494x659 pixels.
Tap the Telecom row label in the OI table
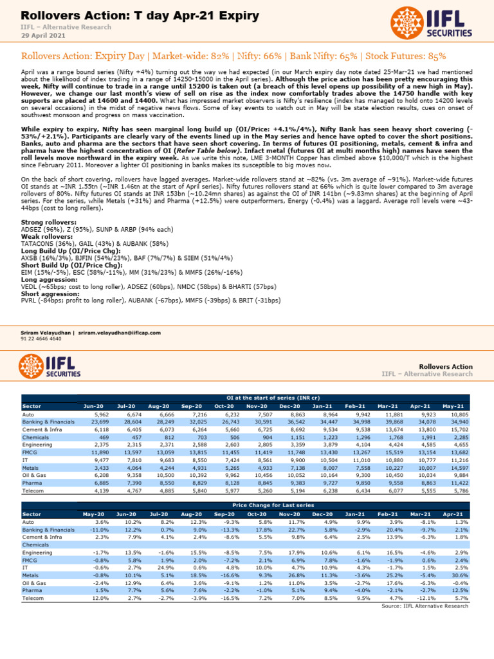33,492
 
